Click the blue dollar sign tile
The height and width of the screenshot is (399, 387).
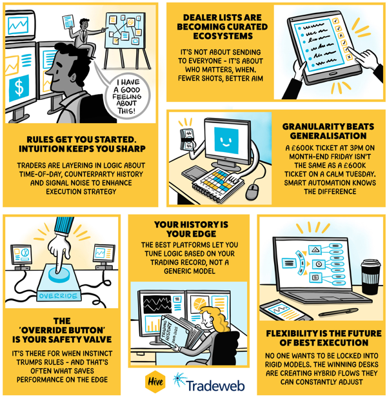[19, 88]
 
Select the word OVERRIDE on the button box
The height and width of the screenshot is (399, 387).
[58, 296]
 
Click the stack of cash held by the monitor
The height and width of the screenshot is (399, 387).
[187, 139]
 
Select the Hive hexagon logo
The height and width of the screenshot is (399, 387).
[155, 382]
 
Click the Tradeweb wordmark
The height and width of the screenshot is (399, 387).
[215, 385]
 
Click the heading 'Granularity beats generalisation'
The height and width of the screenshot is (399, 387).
[328, 131]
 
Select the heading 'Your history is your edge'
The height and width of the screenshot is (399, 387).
[191, 229]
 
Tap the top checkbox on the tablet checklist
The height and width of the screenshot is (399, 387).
[335, 21]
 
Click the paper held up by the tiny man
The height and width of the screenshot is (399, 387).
[68, 21]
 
